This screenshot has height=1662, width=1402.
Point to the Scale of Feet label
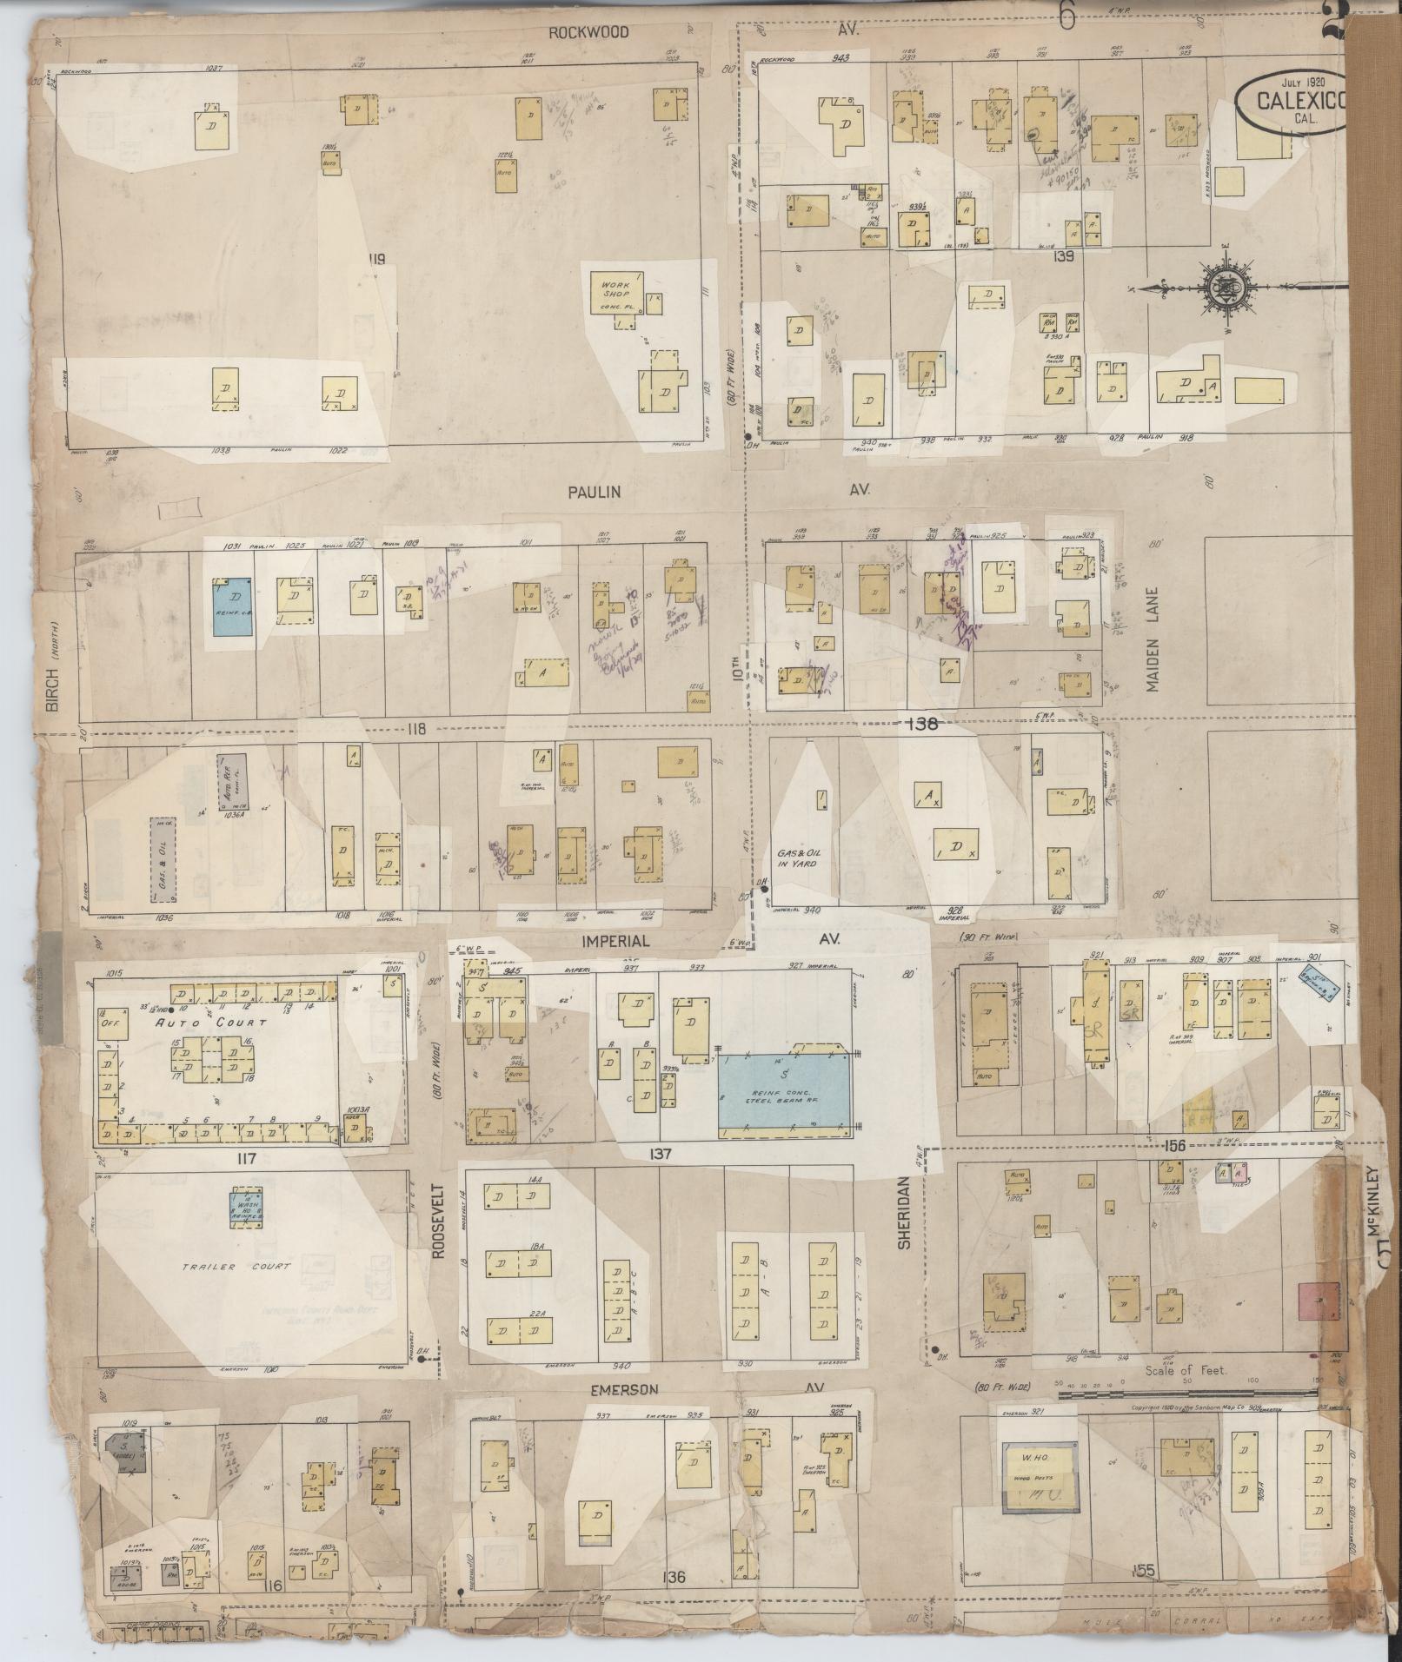[1184, 1370]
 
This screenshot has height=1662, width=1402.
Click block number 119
[375, 258]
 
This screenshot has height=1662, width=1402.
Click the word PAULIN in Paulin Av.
[595, 492]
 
